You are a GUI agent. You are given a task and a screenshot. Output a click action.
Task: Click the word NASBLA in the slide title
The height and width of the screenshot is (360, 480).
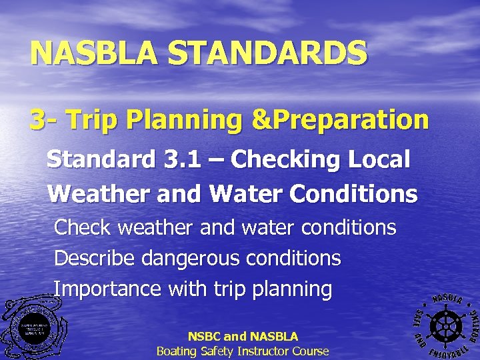[93, 53]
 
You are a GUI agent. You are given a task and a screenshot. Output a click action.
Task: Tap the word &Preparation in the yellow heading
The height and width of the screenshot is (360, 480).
[345, 120]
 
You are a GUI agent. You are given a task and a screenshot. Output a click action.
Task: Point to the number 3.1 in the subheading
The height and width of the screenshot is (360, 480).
[182, 160]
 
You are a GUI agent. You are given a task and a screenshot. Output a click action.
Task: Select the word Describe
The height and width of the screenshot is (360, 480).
[96, 258]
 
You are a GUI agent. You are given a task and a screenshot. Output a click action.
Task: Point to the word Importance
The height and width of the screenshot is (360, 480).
[107, 289]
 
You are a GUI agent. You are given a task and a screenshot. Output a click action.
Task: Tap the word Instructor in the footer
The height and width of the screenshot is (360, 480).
[260, 351]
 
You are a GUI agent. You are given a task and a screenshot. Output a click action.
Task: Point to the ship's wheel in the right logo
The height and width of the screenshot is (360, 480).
[443, 325]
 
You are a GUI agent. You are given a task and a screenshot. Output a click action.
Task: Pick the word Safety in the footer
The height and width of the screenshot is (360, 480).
[213, 351]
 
